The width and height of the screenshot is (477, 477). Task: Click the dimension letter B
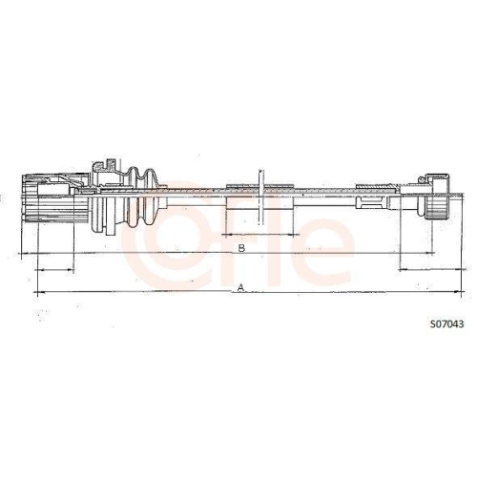coord(241,248)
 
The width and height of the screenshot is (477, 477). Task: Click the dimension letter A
coord(241,286)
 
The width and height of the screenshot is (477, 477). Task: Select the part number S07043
coord(446,323)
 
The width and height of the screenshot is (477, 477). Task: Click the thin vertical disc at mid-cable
coord(259,196)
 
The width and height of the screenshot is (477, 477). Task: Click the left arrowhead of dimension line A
coord(38,290)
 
